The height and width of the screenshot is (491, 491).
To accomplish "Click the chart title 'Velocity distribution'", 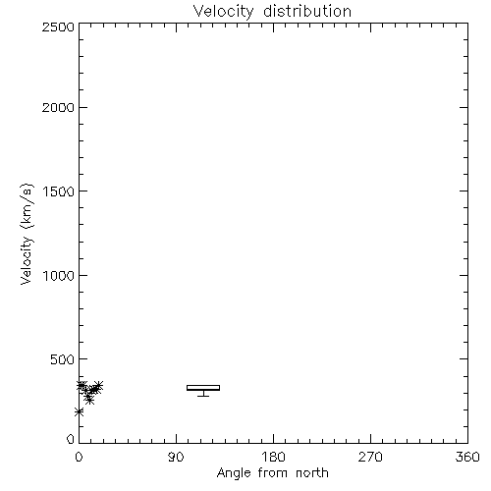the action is coord(272,11).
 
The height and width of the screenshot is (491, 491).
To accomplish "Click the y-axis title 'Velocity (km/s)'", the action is coord(27,235).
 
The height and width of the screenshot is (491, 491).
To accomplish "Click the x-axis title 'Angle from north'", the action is coord(272,473).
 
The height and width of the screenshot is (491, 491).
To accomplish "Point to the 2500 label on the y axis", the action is coord(58,27).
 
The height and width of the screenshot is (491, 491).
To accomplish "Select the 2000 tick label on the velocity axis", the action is coord(58,107).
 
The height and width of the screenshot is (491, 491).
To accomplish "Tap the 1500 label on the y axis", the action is coord(59,191).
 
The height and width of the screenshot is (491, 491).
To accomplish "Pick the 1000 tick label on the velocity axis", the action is coord(59,275).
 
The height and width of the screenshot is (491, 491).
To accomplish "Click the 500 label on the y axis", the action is coord(63,359).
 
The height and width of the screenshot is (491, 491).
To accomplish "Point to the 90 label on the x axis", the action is coord(176,457).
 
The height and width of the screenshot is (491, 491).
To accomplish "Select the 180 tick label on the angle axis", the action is coord(273,457).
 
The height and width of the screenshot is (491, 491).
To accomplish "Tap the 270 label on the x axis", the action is coord(370,457).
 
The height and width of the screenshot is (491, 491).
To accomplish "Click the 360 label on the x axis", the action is coord(467,457).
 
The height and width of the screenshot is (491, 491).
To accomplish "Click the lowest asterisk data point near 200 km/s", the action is coord(79,411).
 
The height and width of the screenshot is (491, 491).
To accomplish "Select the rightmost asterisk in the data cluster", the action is coord(98,385).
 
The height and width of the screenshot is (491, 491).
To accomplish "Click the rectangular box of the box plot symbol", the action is coord(203,388).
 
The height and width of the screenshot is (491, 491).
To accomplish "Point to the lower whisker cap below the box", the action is coord(203,397).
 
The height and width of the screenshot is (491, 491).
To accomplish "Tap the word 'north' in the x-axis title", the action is coord(312,473).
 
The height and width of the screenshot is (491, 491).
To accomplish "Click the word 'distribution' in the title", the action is coord(307,11).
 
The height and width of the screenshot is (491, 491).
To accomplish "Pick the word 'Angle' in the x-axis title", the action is coord(234,473).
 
